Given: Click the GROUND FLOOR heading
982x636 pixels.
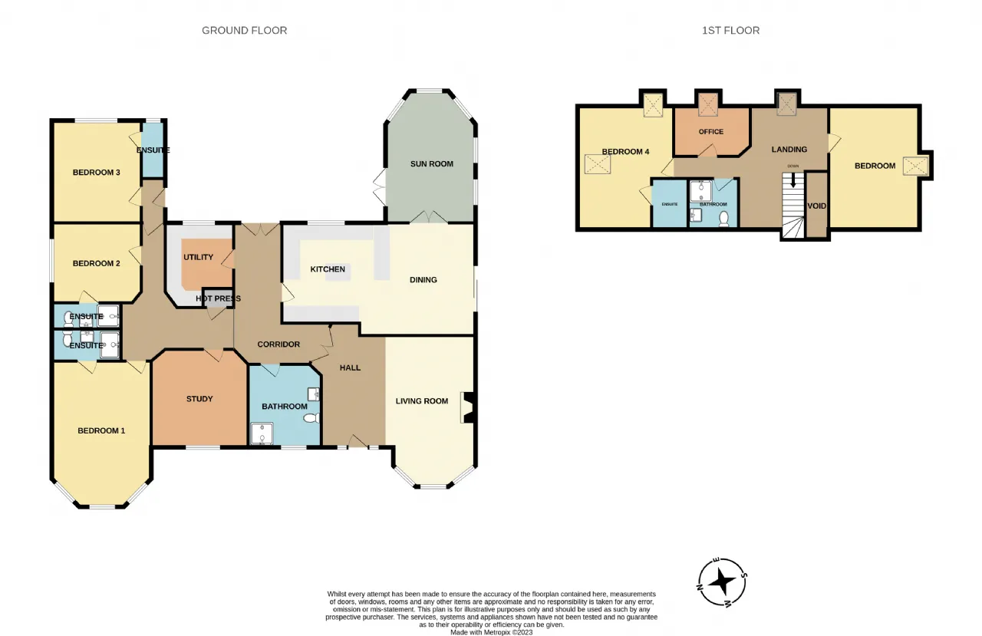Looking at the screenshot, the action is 244,30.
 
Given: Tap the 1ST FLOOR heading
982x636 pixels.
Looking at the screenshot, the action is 731,30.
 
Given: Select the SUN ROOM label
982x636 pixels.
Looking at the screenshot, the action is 432,164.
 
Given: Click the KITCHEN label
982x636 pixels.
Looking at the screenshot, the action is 328,269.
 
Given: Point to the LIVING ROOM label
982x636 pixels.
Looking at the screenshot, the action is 422,401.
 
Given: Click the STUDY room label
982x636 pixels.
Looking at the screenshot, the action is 199,399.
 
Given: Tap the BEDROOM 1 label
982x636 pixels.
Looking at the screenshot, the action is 101,431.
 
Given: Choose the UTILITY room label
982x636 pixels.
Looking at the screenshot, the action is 198,257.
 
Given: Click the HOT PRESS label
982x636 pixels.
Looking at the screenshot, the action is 219,298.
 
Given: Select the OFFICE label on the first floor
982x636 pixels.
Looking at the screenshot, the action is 711,131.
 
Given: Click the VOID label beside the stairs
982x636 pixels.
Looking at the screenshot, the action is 817,206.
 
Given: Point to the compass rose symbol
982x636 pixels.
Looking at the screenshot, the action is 722,582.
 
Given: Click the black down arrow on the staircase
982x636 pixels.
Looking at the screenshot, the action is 793,180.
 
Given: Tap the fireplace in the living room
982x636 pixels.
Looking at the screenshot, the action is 468,407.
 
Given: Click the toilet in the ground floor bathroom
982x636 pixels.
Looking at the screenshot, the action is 311,418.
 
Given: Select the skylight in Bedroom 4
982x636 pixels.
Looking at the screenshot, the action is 598,164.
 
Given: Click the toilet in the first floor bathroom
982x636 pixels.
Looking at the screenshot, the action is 723,219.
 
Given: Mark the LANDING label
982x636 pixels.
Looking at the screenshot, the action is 789,150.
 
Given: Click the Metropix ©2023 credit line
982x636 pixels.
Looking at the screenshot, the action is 492,632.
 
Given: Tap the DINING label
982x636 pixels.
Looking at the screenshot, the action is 423,280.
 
